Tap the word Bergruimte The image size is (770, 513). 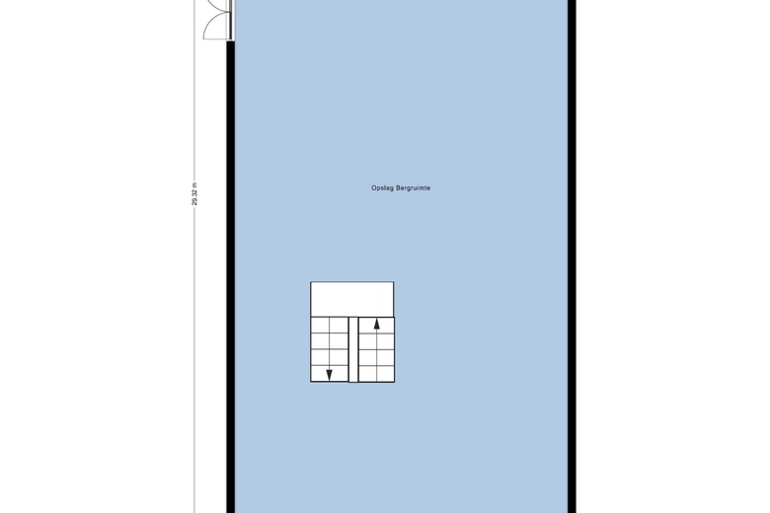pyautogui.click(x=414, y=187)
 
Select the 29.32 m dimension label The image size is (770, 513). pyautogui.click(x=194, y=194)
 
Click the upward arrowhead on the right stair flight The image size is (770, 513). pyautogui.click(x=377, y=324)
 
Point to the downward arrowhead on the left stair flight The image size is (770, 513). pyautogui.click(x=329, y=375)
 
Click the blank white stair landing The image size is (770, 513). pyautogui.click(x=352, y=300)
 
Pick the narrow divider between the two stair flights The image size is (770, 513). pyautogui.click(x=353, y=349)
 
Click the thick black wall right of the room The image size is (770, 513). pyautogui.click(x=572, y=256)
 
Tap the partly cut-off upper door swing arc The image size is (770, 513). pyautogui.click(x=216, y=7)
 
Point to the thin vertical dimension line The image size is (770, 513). pyautogui.click(x=194, y=343)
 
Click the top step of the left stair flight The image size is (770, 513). pyautogui.click(x=329, y=326)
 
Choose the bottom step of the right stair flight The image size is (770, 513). pyautogui.click(x=377, y=374)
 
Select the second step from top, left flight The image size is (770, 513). pyautogui.click(x=329, y=341)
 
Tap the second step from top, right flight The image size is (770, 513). pyautogui.click(x=377, y=341)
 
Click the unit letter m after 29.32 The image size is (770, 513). pyautogui.click(x=194, y=184)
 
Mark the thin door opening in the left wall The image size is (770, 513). pyautogui.click(x=231, y=20)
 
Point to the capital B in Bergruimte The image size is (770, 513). pyautogui.click(x=398, y=187)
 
